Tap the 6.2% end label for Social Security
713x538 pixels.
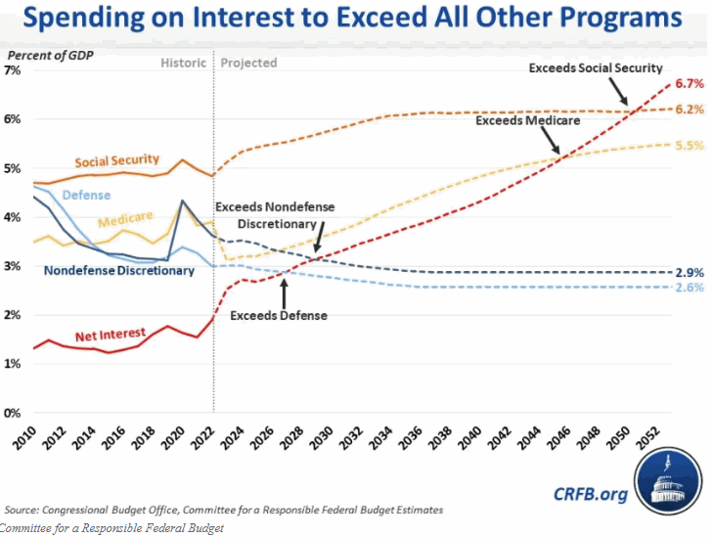point(691,110)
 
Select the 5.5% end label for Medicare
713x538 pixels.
point(691,146)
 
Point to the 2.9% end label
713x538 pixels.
point(691,271)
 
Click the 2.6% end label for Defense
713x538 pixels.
point(691,288)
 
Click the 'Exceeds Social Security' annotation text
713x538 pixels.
point(595,68)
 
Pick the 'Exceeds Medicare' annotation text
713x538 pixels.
point(528,121)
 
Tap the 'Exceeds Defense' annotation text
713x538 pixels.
point(279,316)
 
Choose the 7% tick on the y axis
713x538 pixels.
point(13,70)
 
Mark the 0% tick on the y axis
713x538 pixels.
point(13,413)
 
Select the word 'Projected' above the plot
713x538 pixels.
point(248,63)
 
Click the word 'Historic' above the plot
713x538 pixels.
point(184,63)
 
